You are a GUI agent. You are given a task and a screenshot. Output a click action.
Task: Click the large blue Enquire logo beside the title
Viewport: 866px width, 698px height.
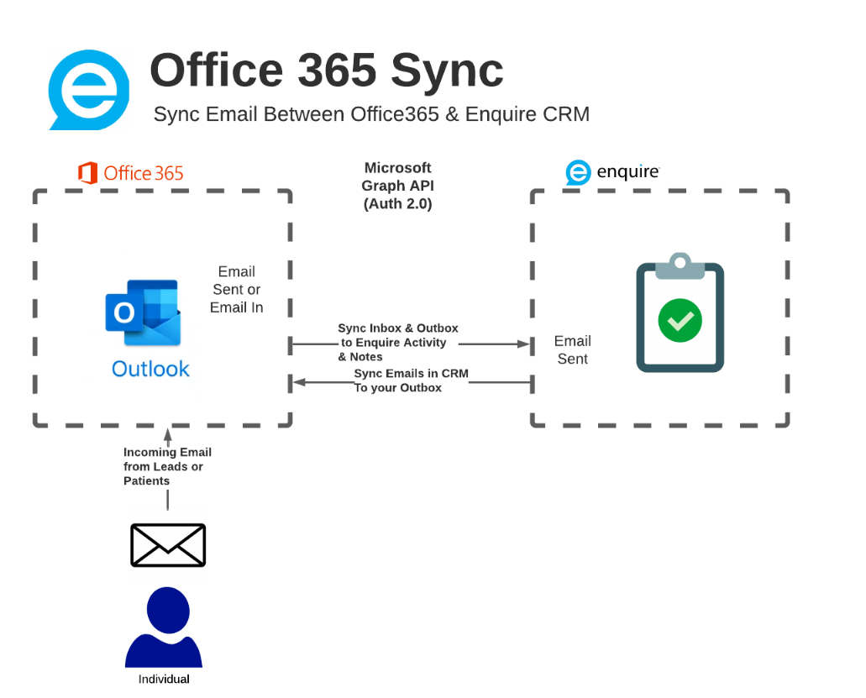coord(88,90)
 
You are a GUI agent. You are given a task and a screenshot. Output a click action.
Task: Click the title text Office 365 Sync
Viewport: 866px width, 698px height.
coord(326,71)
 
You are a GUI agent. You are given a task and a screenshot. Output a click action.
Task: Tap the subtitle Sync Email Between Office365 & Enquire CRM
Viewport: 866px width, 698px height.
coord(371,114)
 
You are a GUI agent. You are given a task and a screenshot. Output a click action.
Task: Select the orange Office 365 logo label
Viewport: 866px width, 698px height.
coord(131,174)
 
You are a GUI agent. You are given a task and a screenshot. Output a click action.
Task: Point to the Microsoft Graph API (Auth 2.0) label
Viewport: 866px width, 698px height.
coord(397,186)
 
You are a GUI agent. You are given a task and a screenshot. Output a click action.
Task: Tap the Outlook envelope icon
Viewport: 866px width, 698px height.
coord(143,312)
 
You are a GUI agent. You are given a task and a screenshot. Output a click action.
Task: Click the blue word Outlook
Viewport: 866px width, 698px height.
coord(150,369)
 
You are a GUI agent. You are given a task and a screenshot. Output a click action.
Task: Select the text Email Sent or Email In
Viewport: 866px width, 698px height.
coord(237,290)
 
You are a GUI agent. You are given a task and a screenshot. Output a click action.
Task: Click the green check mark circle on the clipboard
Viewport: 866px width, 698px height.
coord(680,320)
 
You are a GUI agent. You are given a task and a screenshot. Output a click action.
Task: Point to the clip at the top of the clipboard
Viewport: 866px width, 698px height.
coord(680,265)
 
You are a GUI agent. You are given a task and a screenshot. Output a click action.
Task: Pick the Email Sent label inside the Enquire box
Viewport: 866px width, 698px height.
coord(573,349)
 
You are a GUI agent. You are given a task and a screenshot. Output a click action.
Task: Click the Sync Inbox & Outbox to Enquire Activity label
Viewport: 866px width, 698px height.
coord(396,342)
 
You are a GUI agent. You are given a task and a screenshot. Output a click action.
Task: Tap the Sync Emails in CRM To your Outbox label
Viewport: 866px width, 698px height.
coord(410,380)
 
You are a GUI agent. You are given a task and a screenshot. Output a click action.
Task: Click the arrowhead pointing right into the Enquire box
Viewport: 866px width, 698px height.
coord(524,344)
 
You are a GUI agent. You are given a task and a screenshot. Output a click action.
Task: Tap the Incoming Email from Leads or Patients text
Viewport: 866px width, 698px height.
coord(166,466)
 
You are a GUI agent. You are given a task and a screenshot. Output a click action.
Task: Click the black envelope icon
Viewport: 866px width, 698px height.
coord(168,545)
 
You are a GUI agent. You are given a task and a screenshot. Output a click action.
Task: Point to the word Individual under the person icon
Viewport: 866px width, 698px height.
coord(164,679)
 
